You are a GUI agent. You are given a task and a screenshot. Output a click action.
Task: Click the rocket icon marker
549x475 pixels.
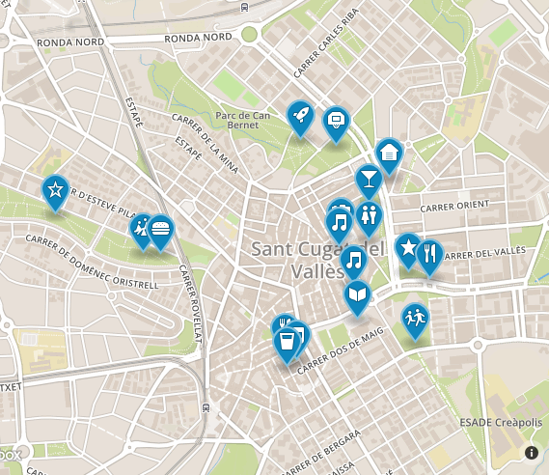point(300,117)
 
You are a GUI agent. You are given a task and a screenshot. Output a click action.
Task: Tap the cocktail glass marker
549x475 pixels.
point(368,180)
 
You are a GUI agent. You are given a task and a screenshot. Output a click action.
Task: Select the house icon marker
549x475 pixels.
point(389,154)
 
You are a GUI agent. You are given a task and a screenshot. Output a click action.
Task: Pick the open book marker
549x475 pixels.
point(358,294)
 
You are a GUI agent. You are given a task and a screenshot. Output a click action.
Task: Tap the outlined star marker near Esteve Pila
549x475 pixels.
point(55,189)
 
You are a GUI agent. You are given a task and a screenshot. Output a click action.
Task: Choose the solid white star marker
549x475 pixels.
point(408,249)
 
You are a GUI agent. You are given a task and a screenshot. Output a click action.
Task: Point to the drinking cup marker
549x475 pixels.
point(286,343)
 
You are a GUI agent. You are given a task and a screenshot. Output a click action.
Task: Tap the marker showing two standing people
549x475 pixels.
point(369,215)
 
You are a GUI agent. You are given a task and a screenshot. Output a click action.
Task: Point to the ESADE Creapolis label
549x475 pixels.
point(501,423)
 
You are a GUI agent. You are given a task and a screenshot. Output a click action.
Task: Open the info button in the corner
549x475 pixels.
point(532,452)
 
